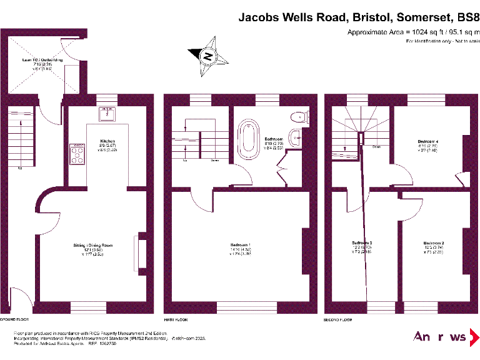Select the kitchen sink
point(107,113)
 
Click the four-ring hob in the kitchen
point(78,154)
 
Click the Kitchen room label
point(99,141)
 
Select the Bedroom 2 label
point(433,242)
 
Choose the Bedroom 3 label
point(362,242)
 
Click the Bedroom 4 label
point(428,141)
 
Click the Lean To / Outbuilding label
point(42,60)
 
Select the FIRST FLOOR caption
point(176,319)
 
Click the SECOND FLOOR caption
point(338,319)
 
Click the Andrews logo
point(440,337)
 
